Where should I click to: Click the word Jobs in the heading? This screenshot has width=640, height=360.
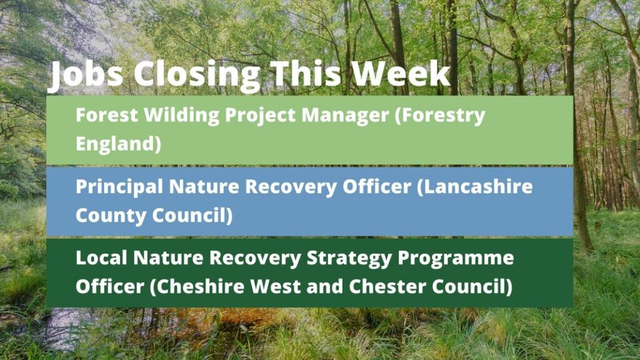86,76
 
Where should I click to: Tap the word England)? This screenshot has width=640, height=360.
118,144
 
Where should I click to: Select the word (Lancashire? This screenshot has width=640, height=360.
475,187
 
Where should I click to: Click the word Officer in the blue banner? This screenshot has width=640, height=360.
377,186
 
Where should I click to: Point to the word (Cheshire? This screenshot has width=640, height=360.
197,286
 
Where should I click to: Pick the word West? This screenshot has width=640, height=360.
276,287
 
